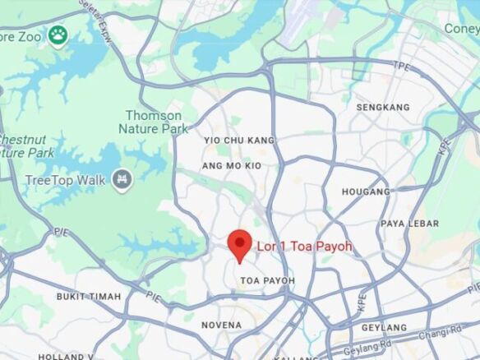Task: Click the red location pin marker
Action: pyautogui.click(x=239, y=244)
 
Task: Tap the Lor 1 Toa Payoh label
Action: pyautogui.click(x=304, y=246)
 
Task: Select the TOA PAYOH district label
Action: pyautogui.click(x=267, y=281)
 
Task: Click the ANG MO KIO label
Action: pyautogui.click(x=231, y=166)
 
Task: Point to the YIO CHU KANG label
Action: pyautogui.click(x=238, y=141)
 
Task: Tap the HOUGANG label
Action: pyautogui.click(x=367, y=192)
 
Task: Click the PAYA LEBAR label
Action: pyautogui.click(x=409, y=224)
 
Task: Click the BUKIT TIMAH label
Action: pyautogui.click(x=89, y=296)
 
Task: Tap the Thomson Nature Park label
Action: pyautogui.click(x=154, y=122)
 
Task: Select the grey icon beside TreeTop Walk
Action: pyautogui.click(x=122, y=178)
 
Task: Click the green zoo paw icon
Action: pyautogui.click(x=57, y=35)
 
